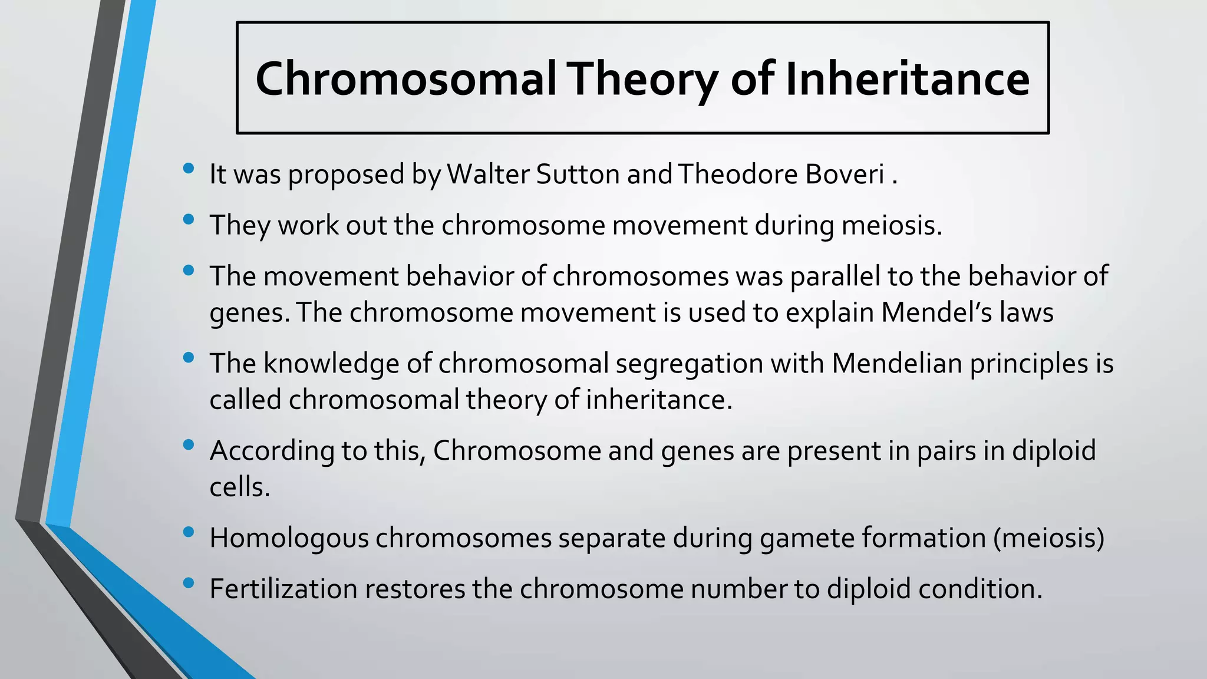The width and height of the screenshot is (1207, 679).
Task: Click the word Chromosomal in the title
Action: point(405,79)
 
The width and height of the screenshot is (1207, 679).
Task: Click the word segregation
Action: point(689,363)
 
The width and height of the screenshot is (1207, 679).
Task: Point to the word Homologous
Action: point(289,538)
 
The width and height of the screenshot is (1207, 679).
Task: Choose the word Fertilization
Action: point(283,588)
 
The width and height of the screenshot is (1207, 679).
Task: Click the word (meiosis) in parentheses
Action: point(1048,538)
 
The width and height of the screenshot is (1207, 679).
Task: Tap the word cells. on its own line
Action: point(239,487)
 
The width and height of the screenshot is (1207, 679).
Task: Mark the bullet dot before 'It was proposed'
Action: point(189,169)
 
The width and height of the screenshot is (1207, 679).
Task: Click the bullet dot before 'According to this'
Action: point(189,444)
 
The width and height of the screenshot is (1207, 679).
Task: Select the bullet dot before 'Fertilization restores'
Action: point(189,583)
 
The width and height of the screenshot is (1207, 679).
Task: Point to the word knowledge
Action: point(331,363)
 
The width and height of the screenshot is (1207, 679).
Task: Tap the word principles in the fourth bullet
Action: point(1028,363)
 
